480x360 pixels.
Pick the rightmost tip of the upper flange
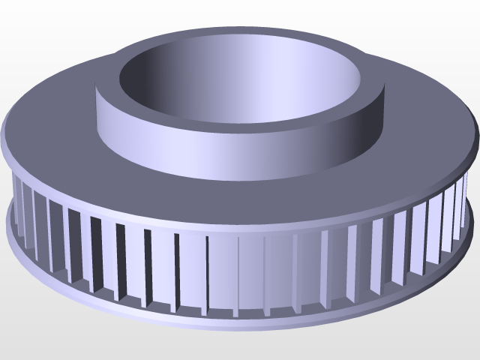pyautogui.click(x=477, y=139)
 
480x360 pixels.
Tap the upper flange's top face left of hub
pyautogui.click(x=52, y=112)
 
